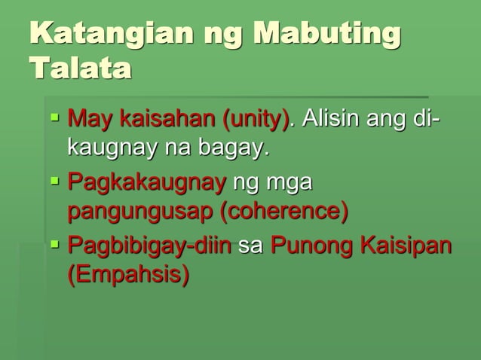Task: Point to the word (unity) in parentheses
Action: tap(256, 119)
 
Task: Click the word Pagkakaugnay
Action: tap(146, 182)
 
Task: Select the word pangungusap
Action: tap(140, 212)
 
